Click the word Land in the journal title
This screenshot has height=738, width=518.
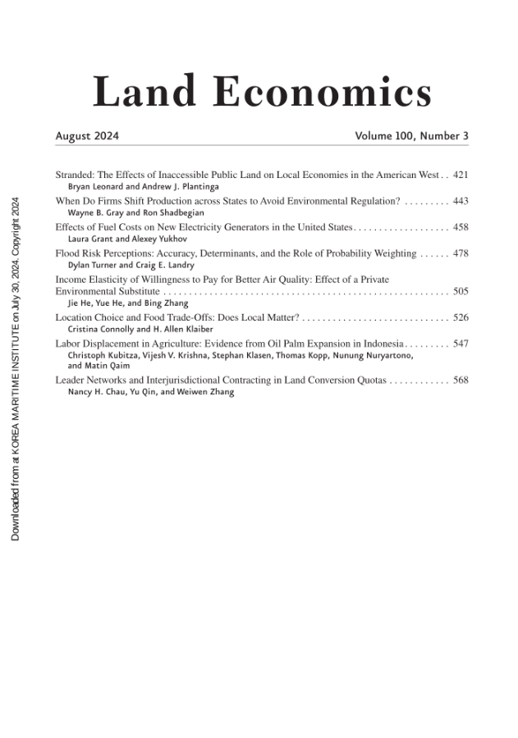(144, 92)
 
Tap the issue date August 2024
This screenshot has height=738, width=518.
(87, 136)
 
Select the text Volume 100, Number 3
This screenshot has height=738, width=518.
(411, 136)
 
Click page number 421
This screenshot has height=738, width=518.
(461, 175)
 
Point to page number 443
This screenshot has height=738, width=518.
(461, 201)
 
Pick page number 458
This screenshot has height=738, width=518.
(461, 226)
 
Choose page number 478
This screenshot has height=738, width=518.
(461, 253)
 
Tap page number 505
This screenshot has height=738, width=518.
(461, 291)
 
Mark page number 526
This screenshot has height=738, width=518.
(461, 317)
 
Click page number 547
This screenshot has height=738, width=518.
(461, 344)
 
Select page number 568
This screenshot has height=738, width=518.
(461, 380)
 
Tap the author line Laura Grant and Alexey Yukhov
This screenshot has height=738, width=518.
(122, 239)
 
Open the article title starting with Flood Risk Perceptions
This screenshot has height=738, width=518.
(236, 253)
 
